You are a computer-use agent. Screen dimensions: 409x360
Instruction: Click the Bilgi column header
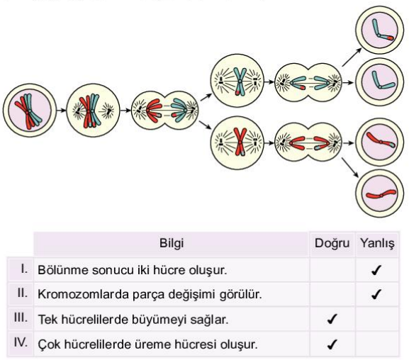[172, 243]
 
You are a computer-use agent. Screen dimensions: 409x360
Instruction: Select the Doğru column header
[332, 244]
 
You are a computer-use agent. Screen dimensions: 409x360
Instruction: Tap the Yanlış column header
[377, 244]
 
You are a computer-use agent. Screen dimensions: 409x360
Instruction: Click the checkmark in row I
[376, 270]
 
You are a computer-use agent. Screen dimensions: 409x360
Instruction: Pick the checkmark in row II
[376, 294]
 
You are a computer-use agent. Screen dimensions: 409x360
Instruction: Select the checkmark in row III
[332, 319]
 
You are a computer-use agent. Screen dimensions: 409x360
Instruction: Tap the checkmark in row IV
[332, 344]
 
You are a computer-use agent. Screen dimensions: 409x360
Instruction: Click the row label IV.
[21, 342]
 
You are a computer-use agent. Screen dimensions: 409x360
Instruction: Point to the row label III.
[21, 318]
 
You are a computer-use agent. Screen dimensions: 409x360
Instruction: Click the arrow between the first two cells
[62, 110]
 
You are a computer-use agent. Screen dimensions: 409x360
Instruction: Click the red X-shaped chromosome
[240, 142]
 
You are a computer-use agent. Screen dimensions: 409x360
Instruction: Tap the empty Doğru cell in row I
[332, 270]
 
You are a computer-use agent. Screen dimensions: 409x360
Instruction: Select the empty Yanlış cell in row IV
[377, 344]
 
